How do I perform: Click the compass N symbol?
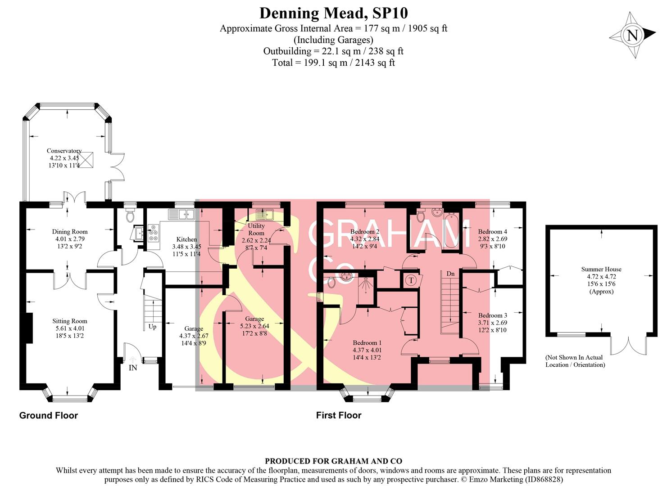632,35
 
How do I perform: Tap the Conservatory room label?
64,151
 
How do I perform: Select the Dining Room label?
70,232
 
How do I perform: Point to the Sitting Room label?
70,321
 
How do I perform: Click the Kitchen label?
186,239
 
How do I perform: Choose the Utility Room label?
256,229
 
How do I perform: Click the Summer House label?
601,270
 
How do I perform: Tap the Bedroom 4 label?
492,232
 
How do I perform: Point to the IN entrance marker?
133,368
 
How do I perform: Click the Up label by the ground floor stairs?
153,327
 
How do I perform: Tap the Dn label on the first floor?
450,274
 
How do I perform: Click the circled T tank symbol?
411,280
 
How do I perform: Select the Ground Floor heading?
49,415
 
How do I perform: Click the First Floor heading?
339,415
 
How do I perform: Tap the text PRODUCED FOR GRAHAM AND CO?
333,461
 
